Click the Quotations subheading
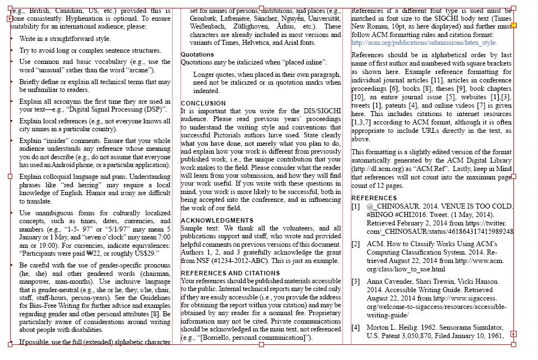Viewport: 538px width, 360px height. tap(197, 54)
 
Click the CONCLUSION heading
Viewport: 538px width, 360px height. tap(203, 103)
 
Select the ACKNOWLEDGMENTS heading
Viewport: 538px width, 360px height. tap(217, 220)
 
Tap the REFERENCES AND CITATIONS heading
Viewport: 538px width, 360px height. tap(230, 273)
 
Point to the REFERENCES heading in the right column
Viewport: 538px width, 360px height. tap(374, 198)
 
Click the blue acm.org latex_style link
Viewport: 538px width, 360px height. tap(424, 43)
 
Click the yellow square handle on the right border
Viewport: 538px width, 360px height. tap(514, 26)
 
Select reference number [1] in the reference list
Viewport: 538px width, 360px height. tap(356, 206)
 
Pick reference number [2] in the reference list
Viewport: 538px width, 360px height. tap(356, 244)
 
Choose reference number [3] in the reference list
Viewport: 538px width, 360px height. tap(356, 281)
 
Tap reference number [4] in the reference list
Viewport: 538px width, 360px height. tap(356, 327)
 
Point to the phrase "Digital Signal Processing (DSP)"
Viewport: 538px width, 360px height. tap(120, 109)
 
